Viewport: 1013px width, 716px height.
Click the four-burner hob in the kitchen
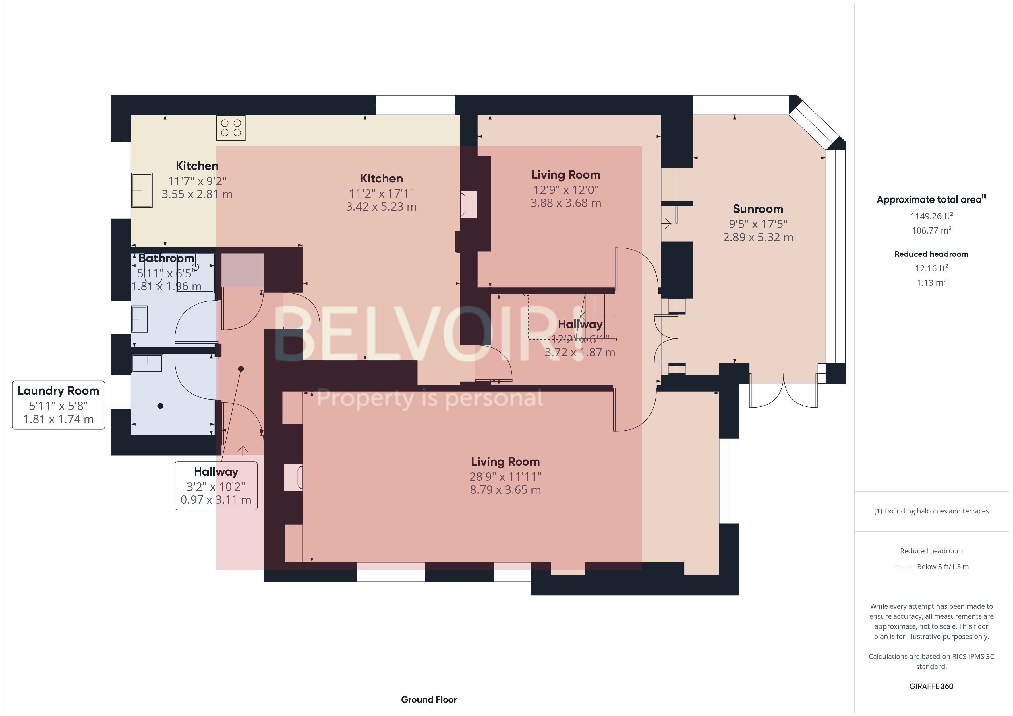pyautogui.click(x=231, y=128)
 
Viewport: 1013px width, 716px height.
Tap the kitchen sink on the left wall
pyautogui.click(x=142, y=190)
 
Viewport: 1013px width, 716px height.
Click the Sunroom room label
pyautogui.click(x=757, y=209)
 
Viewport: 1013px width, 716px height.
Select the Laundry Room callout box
pyautogui.click(x=58, y=405)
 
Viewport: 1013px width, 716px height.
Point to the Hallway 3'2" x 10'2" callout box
pyautogui.click(x=216, y=486)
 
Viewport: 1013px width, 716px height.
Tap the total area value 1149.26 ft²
pyautogui.click(x=931, y=216)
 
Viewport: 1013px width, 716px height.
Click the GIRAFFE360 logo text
pyautogui.click(x=931, y=686)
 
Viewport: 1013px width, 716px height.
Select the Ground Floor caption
pyautogui.click(x=428, y=699)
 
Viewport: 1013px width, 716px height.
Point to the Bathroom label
pyautogui.click(x=166, y=258)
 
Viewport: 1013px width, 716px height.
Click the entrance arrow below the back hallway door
pyautogui.click(x=243, y=450)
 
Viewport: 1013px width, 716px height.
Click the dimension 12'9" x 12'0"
pyautogui.click(x=566, y=190)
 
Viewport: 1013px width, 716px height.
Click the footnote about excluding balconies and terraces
pyautogui.click(x=931, y=511)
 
